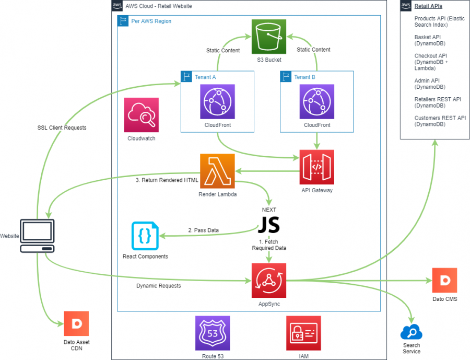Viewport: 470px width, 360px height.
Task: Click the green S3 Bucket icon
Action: pyautogui.click(x=269, y=36)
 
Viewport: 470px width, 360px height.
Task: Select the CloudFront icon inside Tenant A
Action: pyautogui.click(x=217, y=102)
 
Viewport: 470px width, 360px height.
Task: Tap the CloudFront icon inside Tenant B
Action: pyautogui.click(x=316, y=102)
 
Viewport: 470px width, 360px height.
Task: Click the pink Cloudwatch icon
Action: pyautogui.click(x=141, y=115)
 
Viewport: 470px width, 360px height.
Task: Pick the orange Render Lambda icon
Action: pyautogui.click(x=217, y=171)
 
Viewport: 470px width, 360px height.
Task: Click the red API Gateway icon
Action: pyautogui.click(x=316, y=167)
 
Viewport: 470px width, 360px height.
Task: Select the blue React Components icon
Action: pyautogui.click(x=145, y=236)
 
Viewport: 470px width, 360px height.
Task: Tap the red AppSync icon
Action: pyautogui.click(x=268, y=281)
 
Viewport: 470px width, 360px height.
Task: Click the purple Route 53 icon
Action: pyautogui.click(x=212, y=333)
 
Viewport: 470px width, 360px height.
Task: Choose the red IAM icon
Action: pyautogui.click(x=303, y=333)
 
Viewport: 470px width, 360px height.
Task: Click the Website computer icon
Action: pyautogui.click(x=37, y=236)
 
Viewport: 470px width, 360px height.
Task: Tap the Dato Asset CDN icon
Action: pyautogui.click(x=76, y=323)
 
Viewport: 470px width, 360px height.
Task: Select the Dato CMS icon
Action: pyautogui.click(x=444, y=281)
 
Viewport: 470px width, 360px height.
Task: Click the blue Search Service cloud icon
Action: pyautogui.click(x=412, y=332)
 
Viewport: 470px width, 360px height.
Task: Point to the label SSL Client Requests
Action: pyautogui.click(x=62, y=127)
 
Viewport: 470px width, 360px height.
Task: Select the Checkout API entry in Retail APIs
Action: pyautogui.click(x=431, y=62)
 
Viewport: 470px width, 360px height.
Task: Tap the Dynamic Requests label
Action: pyautogui.click(x=159, y=286)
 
